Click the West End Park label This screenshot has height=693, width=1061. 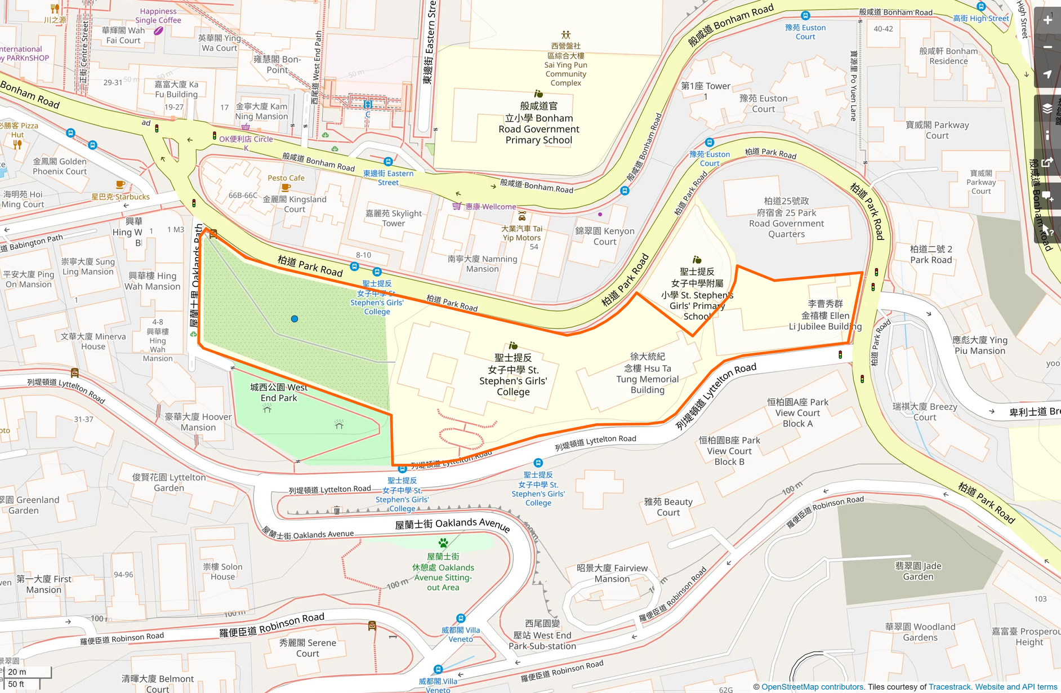coord(279,393)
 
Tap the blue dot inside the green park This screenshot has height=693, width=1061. coord(295,319)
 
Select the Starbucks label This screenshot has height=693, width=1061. coord(121,197)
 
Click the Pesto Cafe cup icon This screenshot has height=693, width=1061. coord(286,188)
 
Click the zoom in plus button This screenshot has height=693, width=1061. coord(1047,20)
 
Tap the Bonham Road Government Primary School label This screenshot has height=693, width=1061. coord(539,123)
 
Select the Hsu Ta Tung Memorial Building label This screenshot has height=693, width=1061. coord(647,373)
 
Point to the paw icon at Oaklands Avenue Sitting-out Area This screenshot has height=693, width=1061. coord(443,543)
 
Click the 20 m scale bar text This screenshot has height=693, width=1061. coord(17,672)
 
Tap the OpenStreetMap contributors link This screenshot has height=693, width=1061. coord(812,687)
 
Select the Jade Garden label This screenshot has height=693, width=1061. coord(918,571)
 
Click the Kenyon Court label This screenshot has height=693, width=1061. coord(605,236)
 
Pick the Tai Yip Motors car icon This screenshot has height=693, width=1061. coord(522,216)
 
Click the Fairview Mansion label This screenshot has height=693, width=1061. coord(612,573)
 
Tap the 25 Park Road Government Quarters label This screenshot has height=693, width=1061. coord(786,217)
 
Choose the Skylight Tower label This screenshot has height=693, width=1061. coord(394,218)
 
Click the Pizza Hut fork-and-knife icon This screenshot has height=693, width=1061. coord(17,145)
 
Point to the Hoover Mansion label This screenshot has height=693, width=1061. coord(198,422)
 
